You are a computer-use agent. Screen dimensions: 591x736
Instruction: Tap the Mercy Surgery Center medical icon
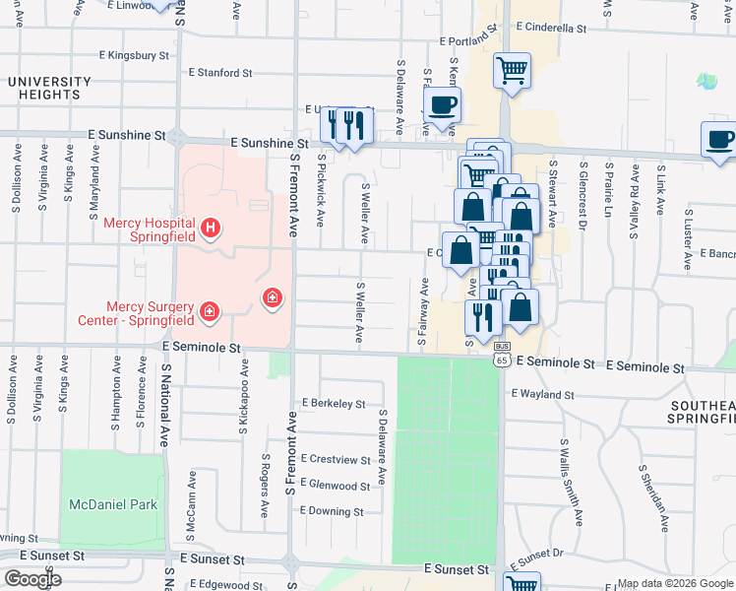click(x=208, y=312)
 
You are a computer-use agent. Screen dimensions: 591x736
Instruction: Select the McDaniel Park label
click(x=113, y=504)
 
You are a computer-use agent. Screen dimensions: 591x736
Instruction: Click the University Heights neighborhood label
click(x=43, y=88)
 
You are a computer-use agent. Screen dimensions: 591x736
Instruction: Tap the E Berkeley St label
click(x=334, y=404)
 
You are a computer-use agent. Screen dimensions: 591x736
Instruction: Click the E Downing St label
click(x=333, y=511)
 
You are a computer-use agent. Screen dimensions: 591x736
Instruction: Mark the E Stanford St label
click(x=220, y=73)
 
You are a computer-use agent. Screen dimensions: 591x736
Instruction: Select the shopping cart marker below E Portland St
click(x=513, y=71)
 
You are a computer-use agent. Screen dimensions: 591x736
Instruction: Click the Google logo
click(x=32, y=579)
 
